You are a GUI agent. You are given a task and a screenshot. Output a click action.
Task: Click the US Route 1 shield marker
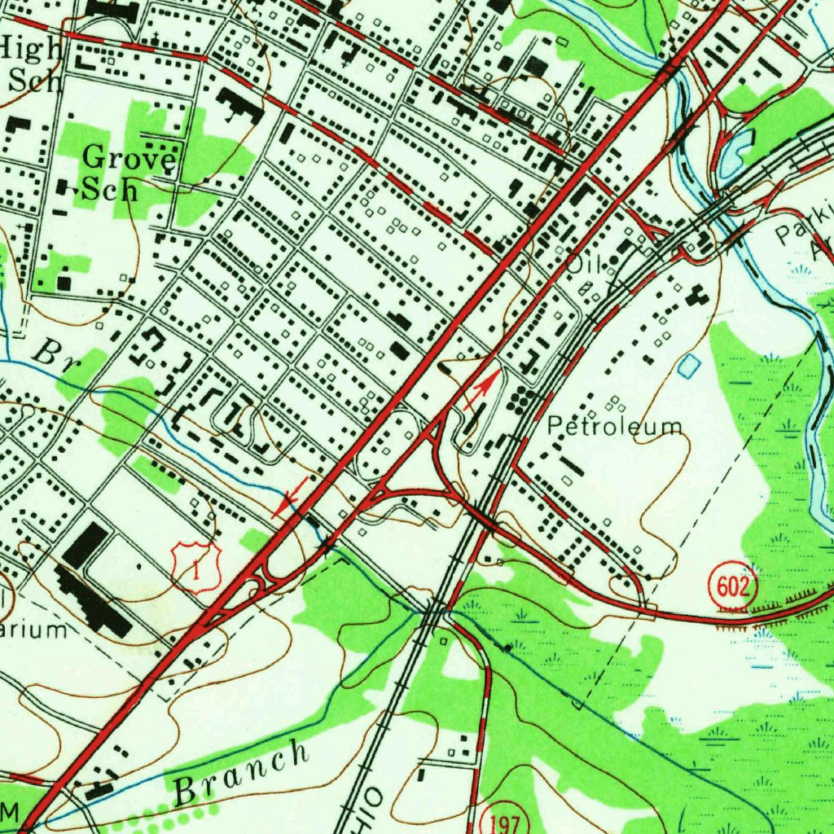196,563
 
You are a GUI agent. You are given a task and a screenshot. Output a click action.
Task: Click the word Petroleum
614,426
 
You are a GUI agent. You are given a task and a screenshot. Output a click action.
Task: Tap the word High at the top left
31,50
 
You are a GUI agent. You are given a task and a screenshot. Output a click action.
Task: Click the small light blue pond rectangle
688,366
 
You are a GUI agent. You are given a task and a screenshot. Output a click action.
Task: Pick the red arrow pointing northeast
481,390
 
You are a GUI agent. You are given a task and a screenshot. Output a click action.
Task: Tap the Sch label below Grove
110,190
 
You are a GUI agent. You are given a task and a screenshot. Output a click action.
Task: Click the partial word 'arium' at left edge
33,630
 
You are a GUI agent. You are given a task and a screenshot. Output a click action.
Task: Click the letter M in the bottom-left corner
10,810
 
